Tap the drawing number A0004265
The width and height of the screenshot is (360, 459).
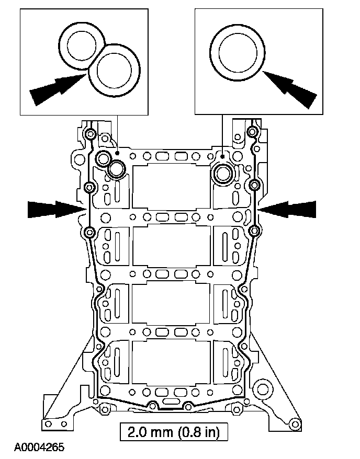pos(39,447)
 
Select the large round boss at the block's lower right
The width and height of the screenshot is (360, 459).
pos(262,388)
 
